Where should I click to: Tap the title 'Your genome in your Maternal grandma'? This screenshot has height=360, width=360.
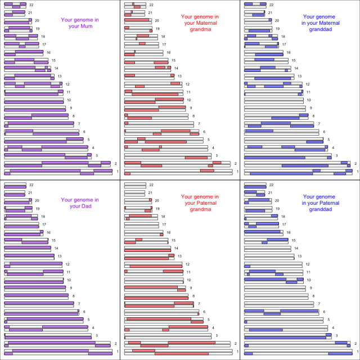pyautogui.click(x=200, y=23)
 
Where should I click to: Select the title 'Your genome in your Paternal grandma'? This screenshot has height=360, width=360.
pyautogui.click(x=200, y=202)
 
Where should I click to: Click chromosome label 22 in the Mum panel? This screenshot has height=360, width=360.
pyautogui.click(x=31, y=4)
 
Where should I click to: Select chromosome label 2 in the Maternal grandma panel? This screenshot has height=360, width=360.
pyautogui.click(x=235, y=164)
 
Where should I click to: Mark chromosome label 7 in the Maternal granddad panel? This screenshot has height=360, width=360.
pyautogui.click(x=319, y=124)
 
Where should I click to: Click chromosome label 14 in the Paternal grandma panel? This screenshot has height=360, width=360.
pyautogui.click(x=175, y=248)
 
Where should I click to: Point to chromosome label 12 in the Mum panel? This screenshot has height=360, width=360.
pyautogui.click(x=67, y=84)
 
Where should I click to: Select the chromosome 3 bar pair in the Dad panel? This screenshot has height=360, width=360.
pyautogui.click(x=48, y=336)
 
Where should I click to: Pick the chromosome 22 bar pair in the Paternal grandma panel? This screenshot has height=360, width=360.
pyautogui.click(x=135, y=184)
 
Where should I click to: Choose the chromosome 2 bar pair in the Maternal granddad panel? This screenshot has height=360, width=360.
pyautogui.click(x=298, y=164)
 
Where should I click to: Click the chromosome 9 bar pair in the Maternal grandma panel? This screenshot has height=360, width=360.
pyautogui.click(x=155, y=108)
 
